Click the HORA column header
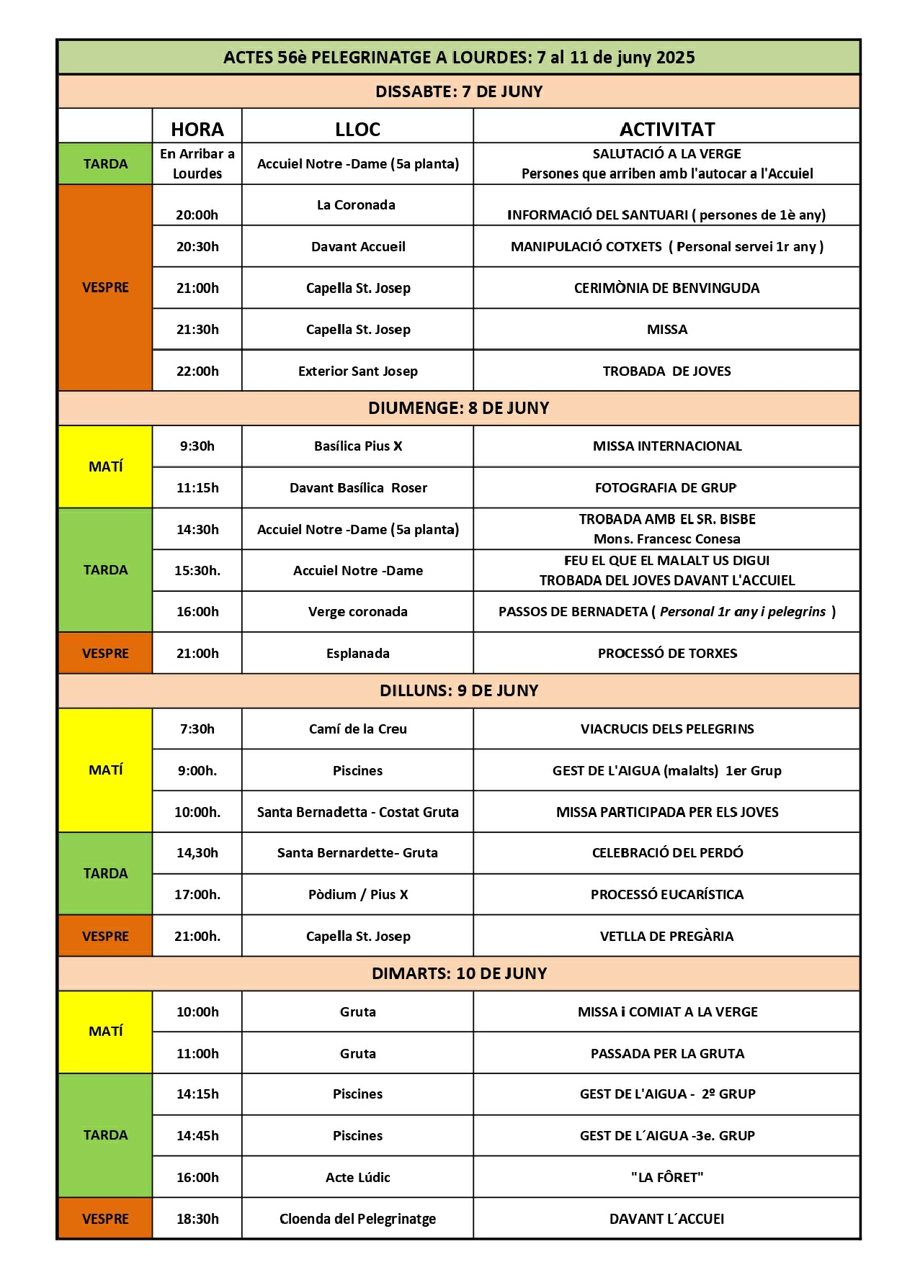pos(197,129)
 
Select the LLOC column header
pos(357,129)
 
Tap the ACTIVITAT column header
pos(667,129)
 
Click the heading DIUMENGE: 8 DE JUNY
pos(458,408)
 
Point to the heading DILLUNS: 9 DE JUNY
pos(458,690)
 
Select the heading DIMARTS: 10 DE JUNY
pos(458,973)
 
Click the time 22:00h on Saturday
pos(197,371)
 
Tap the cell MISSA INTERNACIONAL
pos(667,446)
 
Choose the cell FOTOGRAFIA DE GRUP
pos(666,487)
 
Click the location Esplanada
pos(357,653)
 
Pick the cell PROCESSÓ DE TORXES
pos(667,653)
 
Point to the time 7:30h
pos(197,729)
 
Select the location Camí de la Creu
pos(357,729)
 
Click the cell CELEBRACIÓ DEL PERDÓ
pos(667,852)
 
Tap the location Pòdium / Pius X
pos(357,894)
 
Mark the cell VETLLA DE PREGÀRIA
pos(666,936)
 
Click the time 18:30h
pos(197,1219)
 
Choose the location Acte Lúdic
pos(357,1177)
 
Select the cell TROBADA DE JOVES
pos(666,371)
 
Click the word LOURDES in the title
pos(491,58)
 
